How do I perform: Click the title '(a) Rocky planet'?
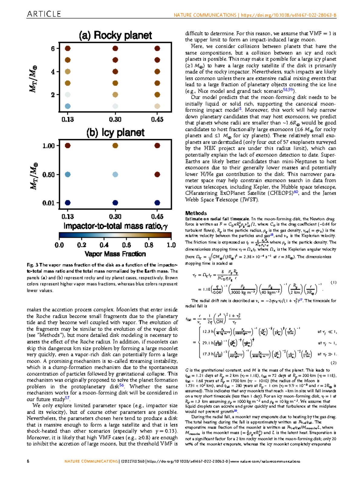(115, 35)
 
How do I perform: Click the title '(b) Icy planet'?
(115, 132)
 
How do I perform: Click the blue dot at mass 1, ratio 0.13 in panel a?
(68, 106)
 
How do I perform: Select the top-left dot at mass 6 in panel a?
(68, 48)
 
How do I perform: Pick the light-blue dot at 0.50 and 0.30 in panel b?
(115, 175)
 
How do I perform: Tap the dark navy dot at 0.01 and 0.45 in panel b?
(157, 203)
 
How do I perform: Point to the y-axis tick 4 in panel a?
(53, 72)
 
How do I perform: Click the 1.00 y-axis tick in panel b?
(49, 146)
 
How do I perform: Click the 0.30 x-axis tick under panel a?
(115, 119)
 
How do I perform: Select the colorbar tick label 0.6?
(126, 245)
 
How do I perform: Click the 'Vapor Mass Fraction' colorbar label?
(115, 254)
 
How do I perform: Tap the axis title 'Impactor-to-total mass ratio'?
(115, 226)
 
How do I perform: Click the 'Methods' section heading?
(196, 213)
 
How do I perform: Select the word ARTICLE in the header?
(44, 14)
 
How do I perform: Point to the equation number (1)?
(333, 282)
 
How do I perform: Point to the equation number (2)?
(333, 363)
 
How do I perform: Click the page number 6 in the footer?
(28, 461)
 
